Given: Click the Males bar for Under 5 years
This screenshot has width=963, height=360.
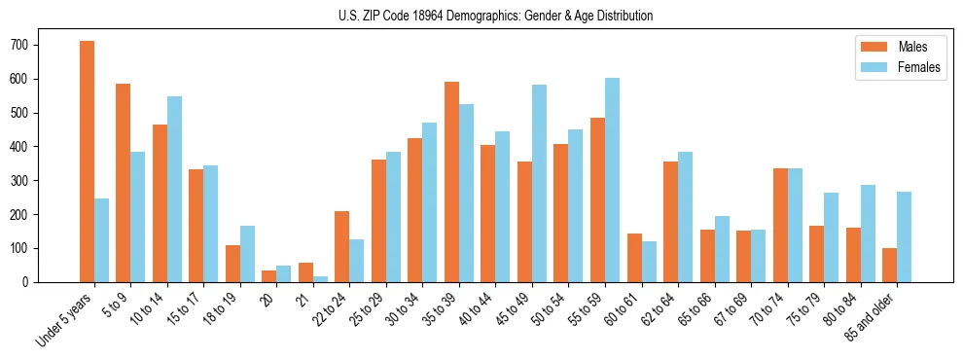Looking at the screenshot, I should point(87,162).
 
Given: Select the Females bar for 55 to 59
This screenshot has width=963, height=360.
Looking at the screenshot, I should point(612,180).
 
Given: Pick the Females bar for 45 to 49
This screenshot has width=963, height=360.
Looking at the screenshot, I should point(539,183).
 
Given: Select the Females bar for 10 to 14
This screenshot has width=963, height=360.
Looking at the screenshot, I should point(174,189).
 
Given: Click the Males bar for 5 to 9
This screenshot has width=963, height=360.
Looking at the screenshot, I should point(123,183).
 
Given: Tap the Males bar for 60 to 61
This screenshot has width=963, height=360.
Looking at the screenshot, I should point(634,258).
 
